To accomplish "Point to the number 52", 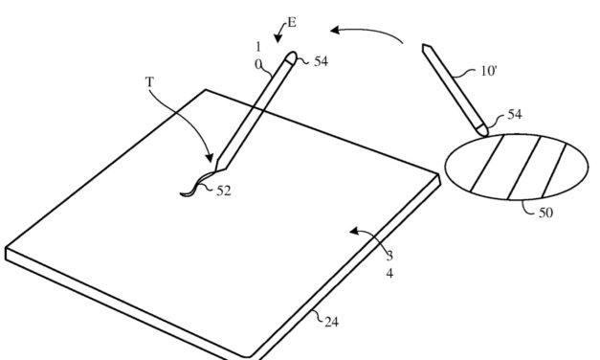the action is coord(223,191).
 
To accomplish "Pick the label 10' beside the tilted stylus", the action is coord(489,72).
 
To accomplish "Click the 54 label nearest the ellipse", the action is coord(515,114).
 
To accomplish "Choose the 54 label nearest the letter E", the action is coord(320,60).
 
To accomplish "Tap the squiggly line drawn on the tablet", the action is coord(196,186).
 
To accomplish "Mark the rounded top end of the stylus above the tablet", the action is coord(292,57).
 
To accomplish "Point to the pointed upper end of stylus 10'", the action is coord(422,47).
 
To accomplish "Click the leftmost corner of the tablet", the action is coord(6,252).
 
